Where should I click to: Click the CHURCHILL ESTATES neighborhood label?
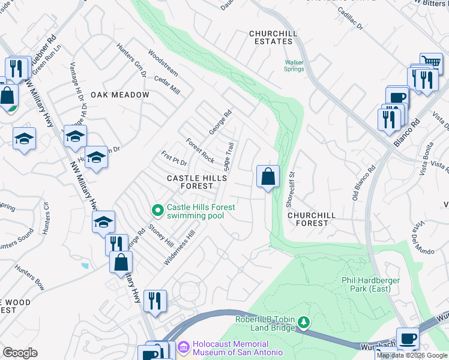[271, 37]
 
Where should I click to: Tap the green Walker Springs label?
[294, 65]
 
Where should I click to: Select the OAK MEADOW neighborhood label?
[120, 95]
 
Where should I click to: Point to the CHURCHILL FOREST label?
[308, 218]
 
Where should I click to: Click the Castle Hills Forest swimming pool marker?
[157, 210]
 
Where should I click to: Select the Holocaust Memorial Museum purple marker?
[184, 346]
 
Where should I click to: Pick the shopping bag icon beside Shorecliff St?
[268, 176]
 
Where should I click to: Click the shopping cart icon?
[430, 62]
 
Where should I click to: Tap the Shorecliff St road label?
[292, 187]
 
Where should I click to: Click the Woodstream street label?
[163, 62]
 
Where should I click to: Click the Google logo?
[20, 353]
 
